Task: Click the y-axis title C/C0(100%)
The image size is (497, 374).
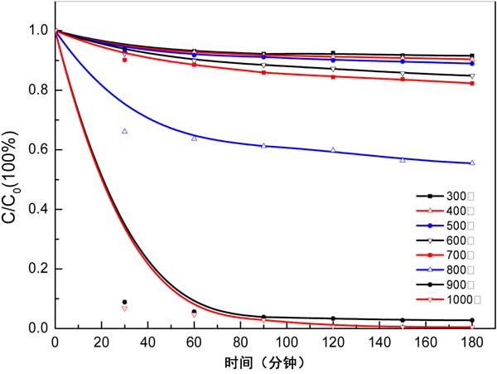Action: [12, 179]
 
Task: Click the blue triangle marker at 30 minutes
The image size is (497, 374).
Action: [124, 131]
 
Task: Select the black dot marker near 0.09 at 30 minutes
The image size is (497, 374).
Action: [124, 302]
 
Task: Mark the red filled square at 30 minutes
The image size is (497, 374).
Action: [124, 60]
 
